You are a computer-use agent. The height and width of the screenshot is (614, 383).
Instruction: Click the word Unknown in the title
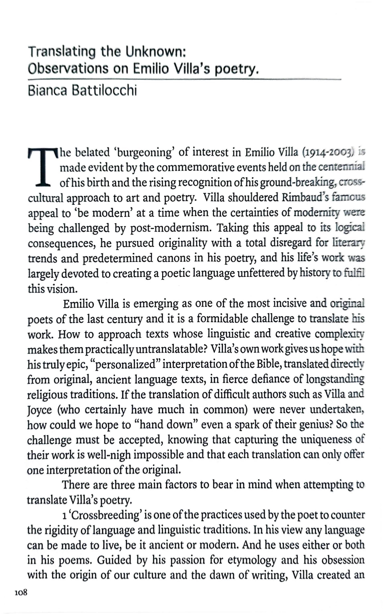tap(156, 52)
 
